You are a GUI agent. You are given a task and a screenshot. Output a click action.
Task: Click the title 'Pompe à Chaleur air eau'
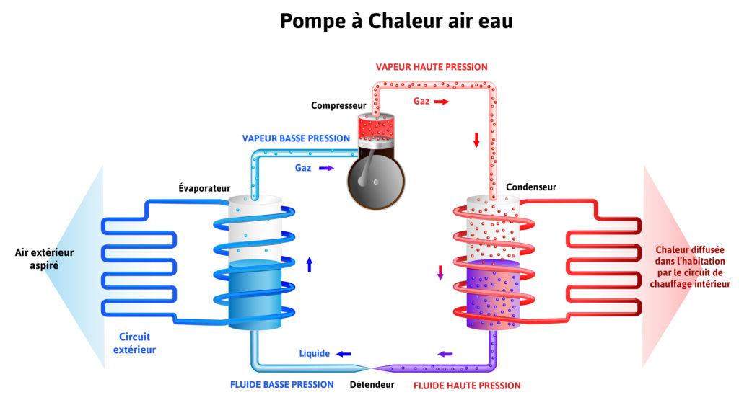coord(396,21)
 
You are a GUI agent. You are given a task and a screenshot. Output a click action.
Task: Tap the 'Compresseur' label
coord(338,105)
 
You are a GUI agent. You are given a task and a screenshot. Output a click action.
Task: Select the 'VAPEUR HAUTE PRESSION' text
coord(432,67)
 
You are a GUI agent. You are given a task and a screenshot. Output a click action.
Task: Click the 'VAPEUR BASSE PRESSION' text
coord(296,138)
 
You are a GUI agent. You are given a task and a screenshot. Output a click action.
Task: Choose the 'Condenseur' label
coord(530,187)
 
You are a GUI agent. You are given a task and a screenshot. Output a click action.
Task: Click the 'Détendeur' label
coord(372,385)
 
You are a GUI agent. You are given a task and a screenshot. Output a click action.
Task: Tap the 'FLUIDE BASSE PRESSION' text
coord(282,385)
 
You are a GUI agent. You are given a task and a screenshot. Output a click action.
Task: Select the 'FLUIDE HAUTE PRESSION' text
coord(467,386)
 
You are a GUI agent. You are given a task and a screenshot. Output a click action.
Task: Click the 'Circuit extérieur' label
coord(137,343)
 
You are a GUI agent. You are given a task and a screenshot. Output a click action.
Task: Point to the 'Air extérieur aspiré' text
coord(44,259)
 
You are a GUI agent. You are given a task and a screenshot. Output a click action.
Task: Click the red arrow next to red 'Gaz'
coord(442,102)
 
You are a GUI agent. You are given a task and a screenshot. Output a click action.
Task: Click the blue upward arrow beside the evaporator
coord(310,265)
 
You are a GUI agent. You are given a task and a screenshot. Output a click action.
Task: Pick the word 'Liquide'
coord(315,354)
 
